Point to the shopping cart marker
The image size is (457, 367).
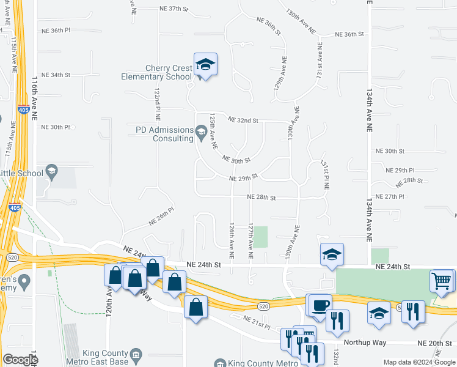tap(441, 281)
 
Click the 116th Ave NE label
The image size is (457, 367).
tap(35, 92)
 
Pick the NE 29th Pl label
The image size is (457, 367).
tap(400, 170)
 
